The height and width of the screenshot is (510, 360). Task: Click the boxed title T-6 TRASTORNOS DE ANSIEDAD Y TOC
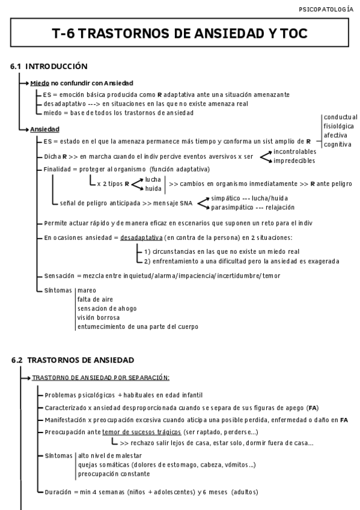(180, 35)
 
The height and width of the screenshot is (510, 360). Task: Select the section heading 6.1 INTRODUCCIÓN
(49, 66)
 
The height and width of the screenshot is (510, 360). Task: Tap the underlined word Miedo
(40, 82)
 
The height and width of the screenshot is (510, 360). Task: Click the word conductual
(340, 117)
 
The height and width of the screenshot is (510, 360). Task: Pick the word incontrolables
(296, 152)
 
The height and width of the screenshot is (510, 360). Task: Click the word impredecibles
(294, 161)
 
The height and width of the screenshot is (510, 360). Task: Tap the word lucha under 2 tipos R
(153, 179)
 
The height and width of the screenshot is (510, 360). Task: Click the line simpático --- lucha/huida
(252, 198)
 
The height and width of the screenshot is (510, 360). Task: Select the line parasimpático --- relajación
(252, 207)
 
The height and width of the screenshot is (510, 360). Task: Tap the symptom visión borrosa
(98, 317)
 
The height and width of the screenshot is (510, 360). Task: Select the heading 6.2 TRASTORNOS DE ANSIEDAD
(73, 360)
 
